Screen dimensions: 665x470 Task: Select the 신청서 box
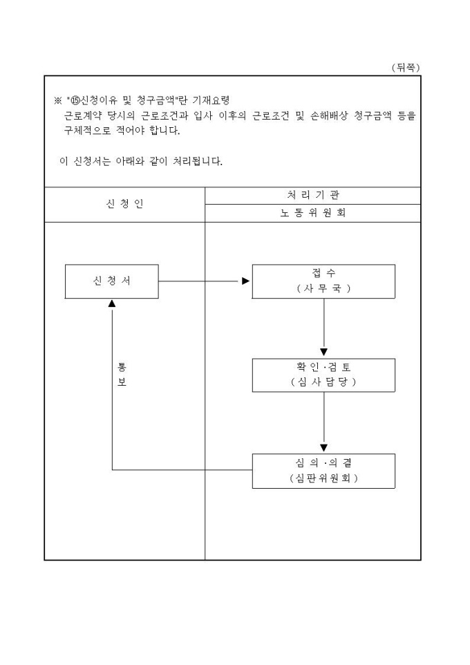[111, 281]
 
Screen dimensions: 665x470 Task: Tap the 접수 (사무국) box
[323, 281]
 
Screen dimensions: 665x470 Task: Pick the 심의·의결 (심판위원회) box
[323, 471]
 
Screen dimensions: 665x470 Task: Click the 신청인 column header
[125, 204]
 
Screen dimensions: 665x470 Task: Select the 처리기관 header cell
[313, 196]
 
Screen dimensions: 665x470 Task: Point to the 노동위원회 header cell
[313, 213]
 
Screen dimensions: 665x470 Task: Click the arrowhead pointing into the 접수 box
[245, 281]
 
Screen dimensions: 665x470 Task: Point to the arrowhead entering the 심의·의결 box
[323, 448]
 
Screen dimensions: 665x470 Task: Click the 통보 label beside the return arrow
[122, 374]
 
